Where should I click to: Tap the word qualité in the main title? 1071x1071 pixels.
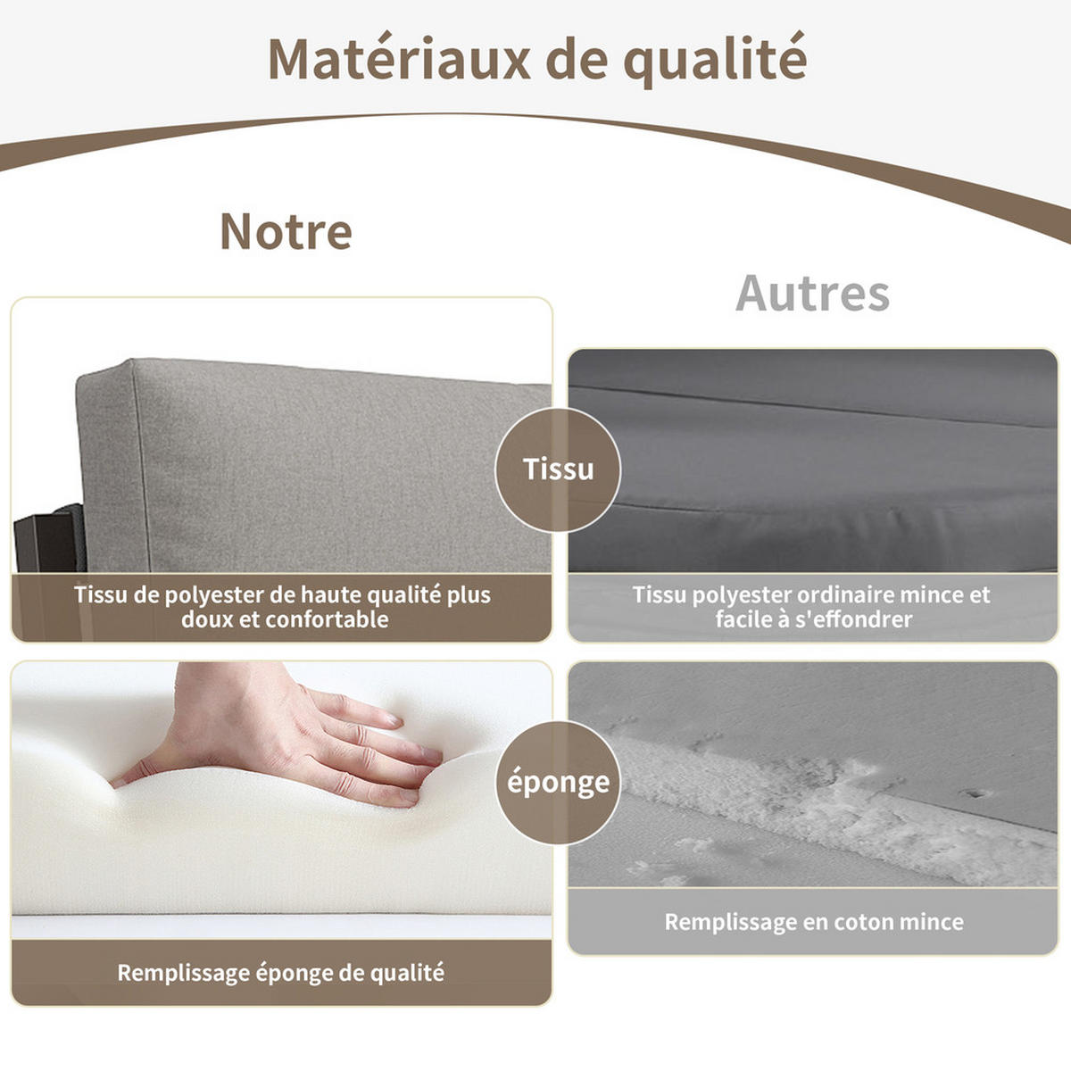point(715,59)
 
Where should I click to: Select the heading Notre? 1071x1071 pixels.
point(286,232)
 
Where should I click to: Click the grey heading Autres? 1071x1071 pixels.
point(812,294)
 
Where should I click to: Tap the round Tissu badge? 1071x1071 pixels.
point(558,469)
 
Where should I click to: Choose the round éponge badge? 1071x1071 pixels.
point(558,783)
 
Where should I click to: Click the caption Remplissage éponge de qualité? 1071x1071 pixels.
point(280,972)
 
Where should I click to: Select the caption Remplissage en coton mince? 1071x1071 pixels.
point(813,922)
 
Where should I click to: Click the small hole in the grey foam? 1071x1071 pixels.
point(976,793)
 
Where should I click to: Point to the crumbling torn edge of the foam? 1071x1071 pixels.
point(803,803)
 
